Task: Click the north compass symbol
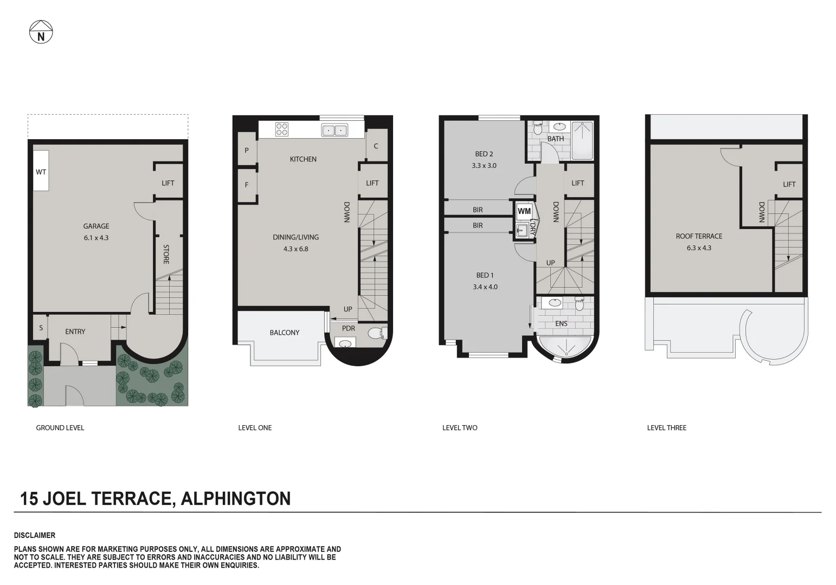coord(41,32)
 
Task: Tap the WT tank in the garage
coord(41,171)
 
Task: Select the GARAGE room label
coord(97,226)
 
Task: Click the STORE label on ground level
coord(166,254)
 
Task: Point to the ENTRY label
coord(75,331)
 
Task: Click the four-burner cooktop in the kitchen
coord(282,129)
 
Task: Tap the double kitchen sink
coord(335,130)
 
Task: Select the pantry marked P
coord(247,150)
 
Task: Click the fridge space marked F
coord(247,185)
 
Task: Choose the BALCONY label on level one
coord(285,333)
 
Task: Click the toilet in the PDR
coord(377,333)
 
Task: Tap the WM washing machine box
coord(524,211)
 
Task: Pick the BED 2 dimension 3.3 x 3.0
coord(484,166)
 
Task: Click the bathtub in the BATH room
coord(582,141)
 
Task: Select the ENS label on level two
coord(561,323)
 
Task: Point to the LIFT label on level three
coord(789,184)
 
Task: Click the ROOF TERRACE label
coord(699,236)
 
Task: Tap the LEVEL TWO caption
coord(460,428)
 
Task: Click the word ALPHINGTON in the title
coord(235,498)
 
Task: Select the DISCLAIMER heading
coord(35,535)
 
